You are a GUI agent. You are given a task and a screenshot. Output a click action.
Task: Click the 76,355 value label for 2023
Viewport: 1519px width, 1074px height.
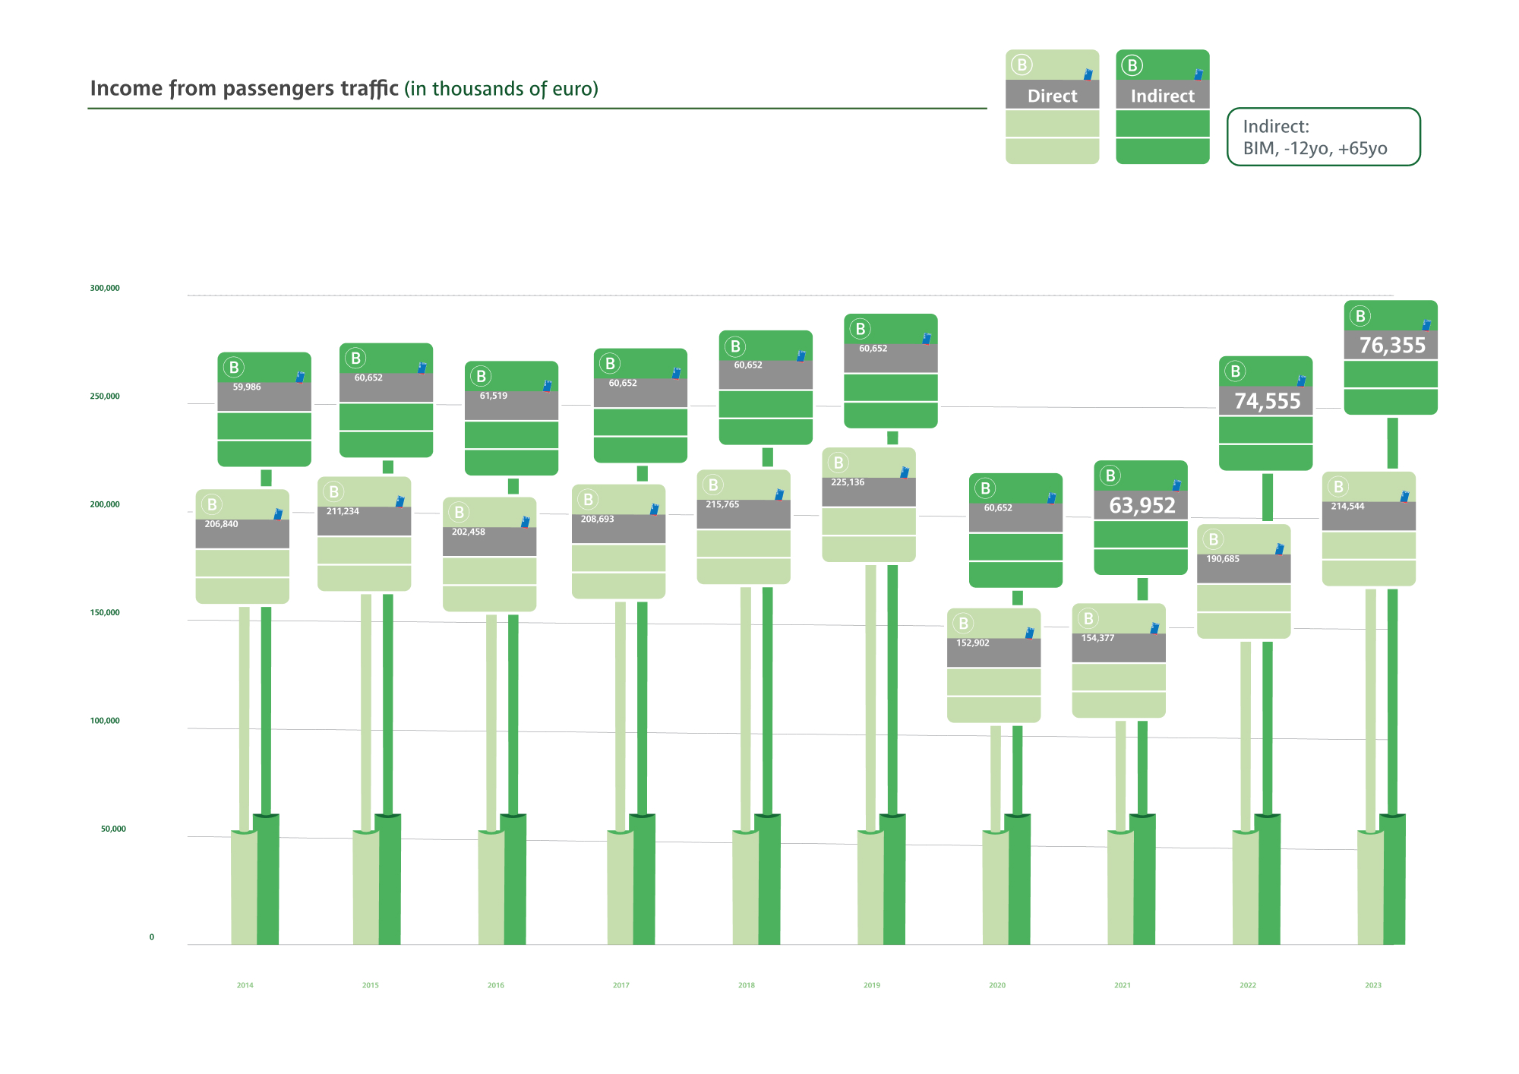coord(1392,346)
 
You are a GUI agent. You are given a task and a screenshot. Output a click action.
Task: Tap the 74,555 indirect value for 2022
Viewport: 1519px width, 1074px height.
coord(1267,401)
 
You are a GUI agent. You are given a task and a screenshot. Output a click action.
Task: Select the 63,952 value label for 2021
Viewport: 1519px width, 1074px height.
coord(1142,505)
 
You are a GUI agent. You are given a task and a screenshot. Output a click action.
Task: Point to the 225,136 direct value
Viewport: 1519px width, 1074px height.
coord(848,482)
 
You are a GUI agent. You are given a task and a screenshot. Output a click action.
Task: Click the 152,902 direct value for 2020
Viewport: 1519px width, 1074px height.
coord(972,643)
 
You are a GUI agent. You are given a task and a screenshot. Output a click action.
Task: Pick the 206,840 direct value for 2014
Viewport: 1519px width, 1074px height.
coord(221,524)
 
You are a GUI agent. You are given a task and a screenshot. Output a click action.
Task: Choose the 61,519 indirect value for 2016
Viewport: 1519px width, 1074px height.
coord(494,396)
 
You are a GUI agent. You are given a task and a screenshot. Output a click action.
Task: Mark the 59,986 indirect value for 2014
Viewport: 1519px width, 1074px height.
coord(247,387)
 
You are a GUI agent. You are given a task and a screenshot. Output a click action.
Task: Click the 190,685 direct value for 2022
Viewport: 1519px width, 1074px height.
coord(1223,559)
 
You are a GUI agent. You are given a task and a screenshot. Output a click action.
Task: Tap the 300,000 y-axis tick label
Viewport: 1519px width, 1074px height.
coord(105,289)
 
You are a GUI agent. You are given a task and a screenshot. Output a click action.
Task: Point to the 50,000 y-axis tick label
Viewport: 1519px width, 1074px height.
coord(113,829)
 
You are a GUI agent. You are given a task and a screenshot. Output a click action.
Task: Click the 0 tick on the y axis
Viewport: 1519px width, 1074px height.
coord(151,937)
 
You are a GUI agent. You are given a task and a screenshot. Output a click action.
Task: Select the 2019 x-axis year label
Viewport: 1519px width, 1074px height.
coord(872,986)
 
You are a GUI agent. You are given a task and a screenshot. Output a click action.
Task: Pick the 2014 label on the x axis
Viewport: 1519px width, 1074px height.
coord(245,986)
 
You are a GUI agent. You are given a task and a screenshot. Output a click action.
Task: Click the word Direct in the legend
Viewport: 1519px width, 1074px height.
coord(1052,96)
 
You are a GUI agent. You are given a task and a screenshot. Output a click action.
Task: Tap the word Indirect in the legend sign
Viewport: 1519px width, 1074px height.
coord(1162,96)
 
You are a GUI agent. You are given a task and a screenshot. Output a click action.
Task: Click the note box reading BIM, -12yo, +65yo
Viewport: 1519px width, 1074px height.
coord(1323,137)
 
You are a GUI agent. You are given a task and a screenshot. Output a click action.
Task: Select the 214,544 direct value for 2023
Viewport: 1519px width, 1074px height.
coord(1347,507)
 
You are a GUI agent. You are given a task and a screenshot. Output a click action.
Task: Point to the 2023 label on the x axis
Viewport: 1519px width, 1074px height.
coord(1373,986)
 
